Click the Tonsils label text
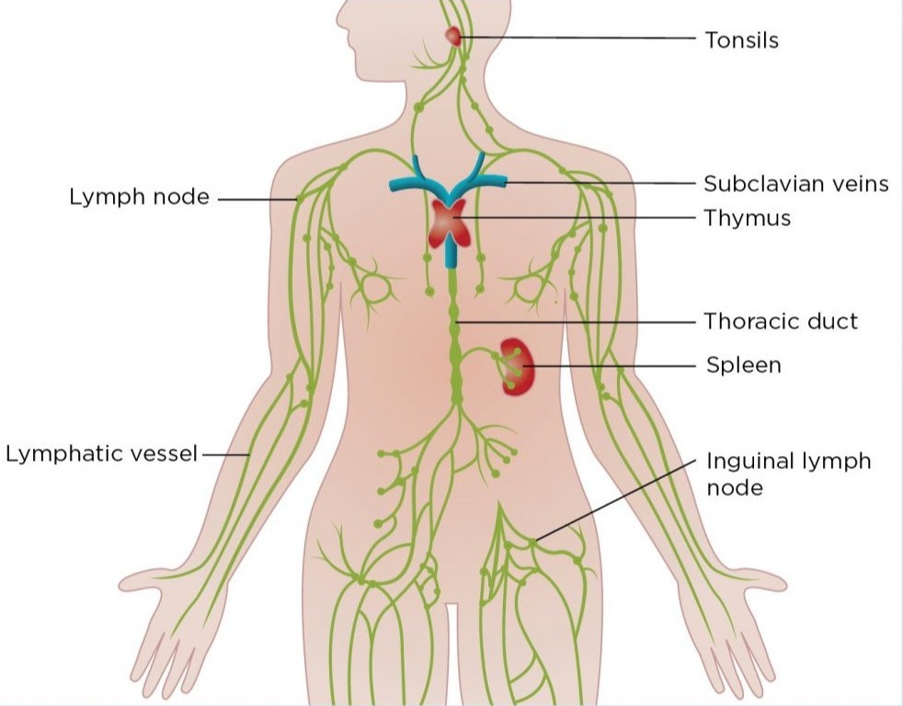pos(741,40)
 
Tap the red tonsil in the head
pos(452,36)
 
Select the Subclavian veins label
pos(796,184)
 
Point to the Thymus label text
pos(747,219)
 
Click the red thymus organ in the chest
pos(451,223)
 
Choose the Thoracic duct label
pos(781,322)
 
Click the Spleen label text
pos(743,366)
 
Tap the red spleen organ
pos(517,366)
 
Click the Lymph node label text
pos(139,198)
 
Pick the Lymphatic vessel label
pos(102,454)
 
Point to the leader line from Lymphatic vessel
pos(225,454)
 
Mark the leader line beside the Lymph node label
pos(257,199)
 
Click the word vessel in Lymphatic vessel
pos(166,454)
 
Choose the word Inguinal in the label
pos(745,461)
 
